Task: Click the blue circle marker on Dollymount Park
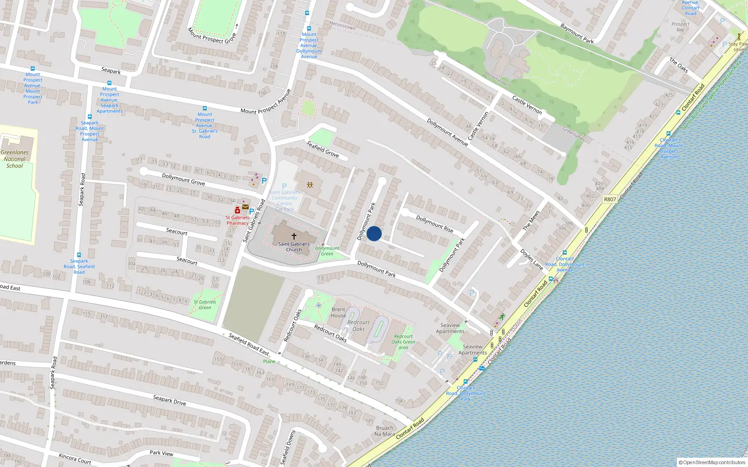[374, 233]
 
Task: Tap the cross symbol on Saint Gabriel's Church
[294, 236]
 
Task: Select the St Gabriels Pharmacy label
[237, 220]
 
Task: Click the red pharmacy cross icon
[237, 210]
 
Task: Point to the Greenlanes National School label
[14, 159]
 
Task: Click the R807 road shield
[610, 199]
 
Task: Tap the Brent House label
[338, 312]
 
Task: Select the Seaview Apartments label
[450, 328]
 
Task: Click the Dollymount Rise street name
[435, 224]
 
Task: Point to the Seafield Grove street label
[323, 149]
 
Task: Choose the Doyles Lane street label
[532, 259]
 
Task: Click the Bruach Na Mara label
[384, 431]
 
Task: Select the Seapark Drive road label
[170, 400]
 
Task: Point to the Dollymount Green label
[327, 251]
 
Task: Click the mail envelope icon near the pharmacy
[245, 207]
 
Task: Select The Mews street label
[532, 220]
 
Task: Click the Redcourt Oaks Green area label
[403, 342]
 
